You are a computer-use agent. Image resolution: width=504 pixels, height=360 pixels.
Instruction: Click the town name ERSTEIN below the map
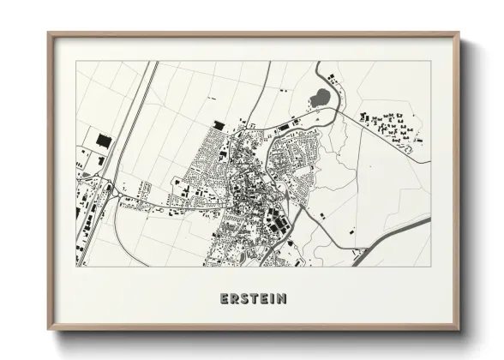click(253, 298)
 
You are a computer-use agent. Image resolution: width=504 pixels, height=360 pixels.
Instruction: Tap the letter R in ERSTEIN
click(235, 298)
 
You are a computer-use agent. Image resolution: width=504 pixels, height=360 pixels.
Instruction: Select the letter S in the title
click(246, 298)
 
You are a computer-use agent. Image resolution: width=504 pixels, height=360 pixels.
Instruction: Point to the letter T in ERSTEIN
click(256, 298)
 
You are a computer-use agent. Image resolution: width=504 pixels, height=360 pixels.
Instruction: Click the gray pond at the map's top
click(319, 96)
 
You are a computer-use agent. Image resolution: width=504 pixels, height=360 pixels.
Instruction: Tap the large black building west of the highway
click(105, 139)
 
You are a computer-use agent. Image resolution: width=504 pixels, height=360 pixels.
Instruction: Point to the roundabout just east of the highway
click(111, 189)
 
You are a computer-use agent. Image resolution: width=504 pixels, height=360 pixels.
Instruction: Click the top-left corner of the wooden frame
click(49, 34)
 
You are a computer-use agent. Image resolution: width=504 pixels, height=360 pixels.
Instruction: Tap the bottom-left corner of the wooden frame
click(49, 330)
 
